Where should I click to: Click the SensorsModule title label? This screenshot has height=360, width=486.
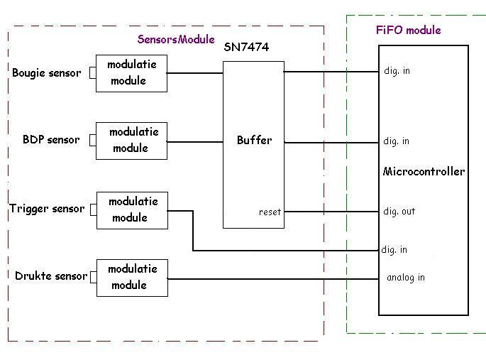point(176,39)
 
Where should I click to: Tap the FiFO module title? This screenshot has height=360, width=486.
point(408,30)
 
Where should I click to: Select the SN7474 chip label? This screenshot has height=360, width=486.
point(246,48)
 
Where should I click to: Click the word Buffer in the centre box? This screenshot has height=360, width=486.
point(254,140)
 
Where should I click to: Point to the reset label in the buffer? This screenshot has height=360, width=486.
point(270,212)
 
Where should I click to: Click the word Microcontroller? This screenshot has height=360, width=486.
point(424,171)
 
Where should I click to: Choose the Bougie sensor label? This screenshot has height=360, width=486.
point(46,72)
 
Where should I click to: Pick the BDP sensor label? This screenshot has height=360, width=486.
point(51,139)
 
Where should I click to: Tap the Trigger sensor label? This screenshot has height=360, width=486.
point(47,209)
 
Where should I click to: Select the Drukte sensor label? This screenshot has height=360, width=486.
point(51,276)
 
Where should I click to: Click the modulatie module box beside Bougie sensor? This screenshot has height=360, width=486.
point(131,72)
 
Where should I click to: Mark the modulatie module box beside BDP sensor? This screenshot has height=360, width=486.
point(131,140)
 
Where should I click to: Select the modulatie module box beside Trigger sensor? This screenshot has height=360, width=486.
point(132,209)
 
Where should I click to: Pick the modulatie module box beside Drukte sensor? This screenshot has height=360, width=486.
point(132,277)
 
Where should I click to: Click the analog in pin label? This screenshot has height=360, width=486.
point(405,278)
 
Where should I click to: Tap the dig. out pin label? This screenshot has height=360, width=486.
point(399,212)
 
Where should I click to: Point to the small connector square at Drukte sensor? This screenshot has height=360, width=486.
point(92,277)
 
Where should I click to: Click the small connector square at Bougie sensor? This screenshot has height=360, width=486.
point(92,72)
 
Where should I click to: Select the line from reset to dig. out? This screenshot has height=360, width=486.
point(330,212)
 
